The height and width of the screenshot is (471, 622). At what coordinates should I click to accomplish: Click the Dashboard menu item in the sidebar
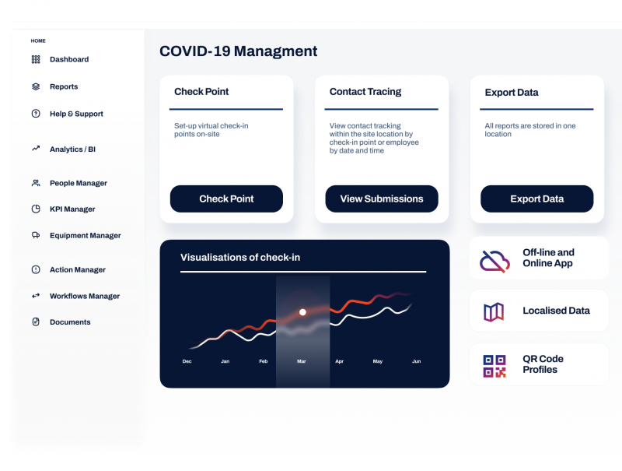coord(68,59)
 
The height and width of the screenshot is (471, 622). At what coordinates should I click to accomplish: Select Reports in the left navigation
coord(64,86)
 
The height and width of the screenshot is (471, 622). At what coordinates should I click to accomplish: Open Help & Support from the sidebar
coord(76,114)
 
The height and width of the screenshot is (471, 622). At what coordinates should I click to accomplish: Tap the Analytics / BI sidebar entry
coord(72,149)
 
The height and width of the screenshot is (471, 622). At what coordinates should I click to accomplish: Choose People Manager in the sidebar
coord(78,183)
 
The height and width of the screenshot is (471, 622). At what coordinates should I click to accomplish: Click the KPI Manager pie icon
coord(36,209)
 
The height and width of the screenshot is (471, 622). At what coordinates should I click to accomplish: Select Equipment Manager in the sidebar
coord(85,235)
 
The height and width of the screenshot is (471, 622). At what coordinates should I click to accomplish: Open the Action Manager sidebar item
coord(77,269)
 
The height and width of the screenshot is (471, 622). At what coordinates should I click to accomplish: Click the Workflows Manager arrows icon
coord(36,296)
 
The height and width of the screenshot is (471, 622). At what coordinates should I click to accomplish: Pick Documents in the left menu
coord(70,322)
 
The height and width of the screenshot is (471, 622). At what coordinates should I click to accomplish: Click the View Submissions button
coord(382,199)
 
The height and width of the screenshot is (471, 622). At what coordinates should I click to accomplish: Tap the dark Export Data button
coord(536,199)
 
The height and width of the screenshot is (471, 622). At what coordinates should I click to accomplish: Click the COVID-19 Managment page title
coord(238,51)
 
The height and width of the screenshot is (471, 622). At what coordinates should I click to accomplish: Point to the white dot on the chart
coord(302,312)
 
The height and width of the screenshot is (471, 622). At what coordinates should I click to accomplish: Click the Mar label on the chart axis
coord(302,362)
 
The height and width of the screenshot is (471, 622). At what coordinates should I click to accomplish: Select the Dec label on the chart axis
coord(187,362)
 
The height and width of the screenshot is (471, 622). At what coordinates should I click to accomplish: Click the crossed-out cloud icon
coord(494,259)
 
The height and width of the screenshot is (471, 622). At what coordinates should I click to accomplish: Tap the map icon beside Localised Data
coord(494,311)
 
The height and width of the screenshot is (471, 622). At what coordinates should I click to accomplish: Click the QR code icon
coord(494,365)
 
